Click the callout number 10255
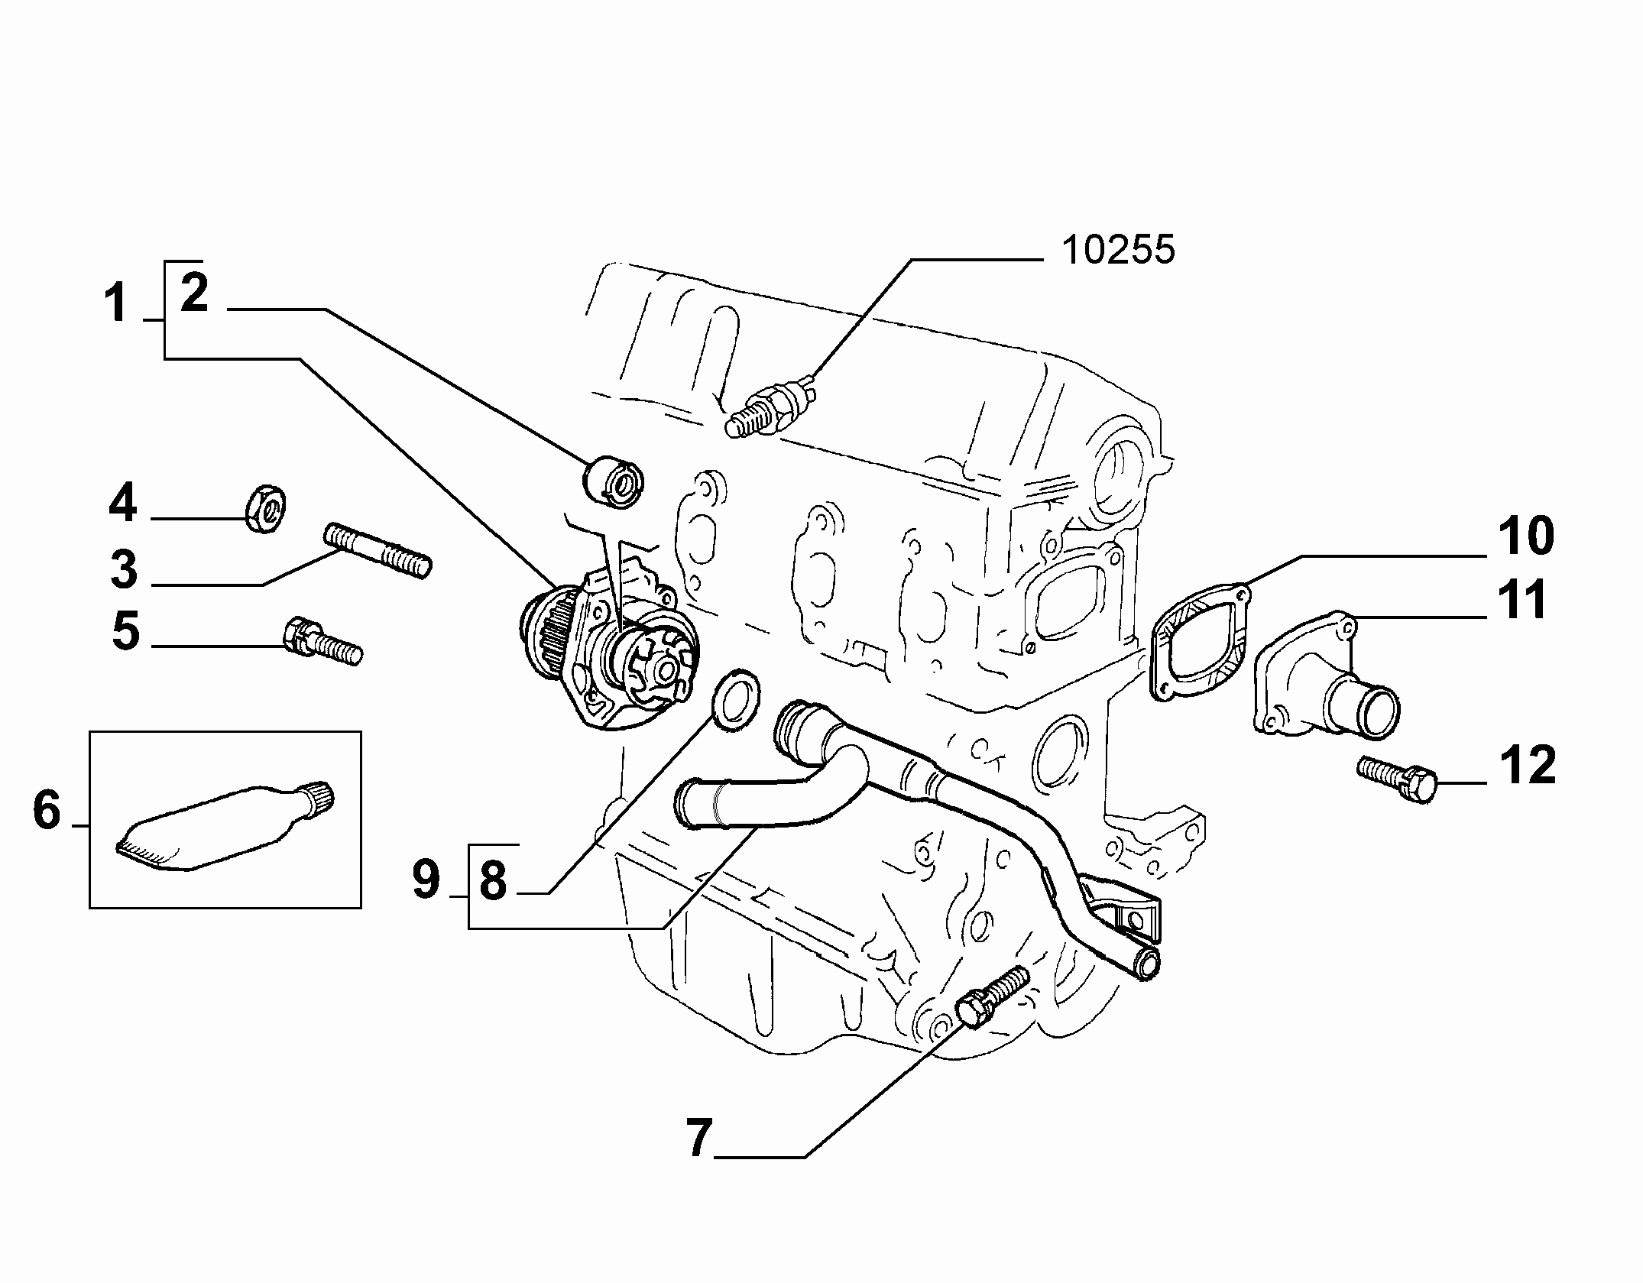point(1118,249)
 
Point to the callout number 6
point(47,810)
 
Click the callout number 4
point(122,503)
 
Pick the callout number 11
point(1522,600)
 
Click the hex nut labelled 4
point(265,507)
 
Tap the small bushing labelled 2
point(614,478)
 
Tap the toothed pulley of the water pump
point(546,633)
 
